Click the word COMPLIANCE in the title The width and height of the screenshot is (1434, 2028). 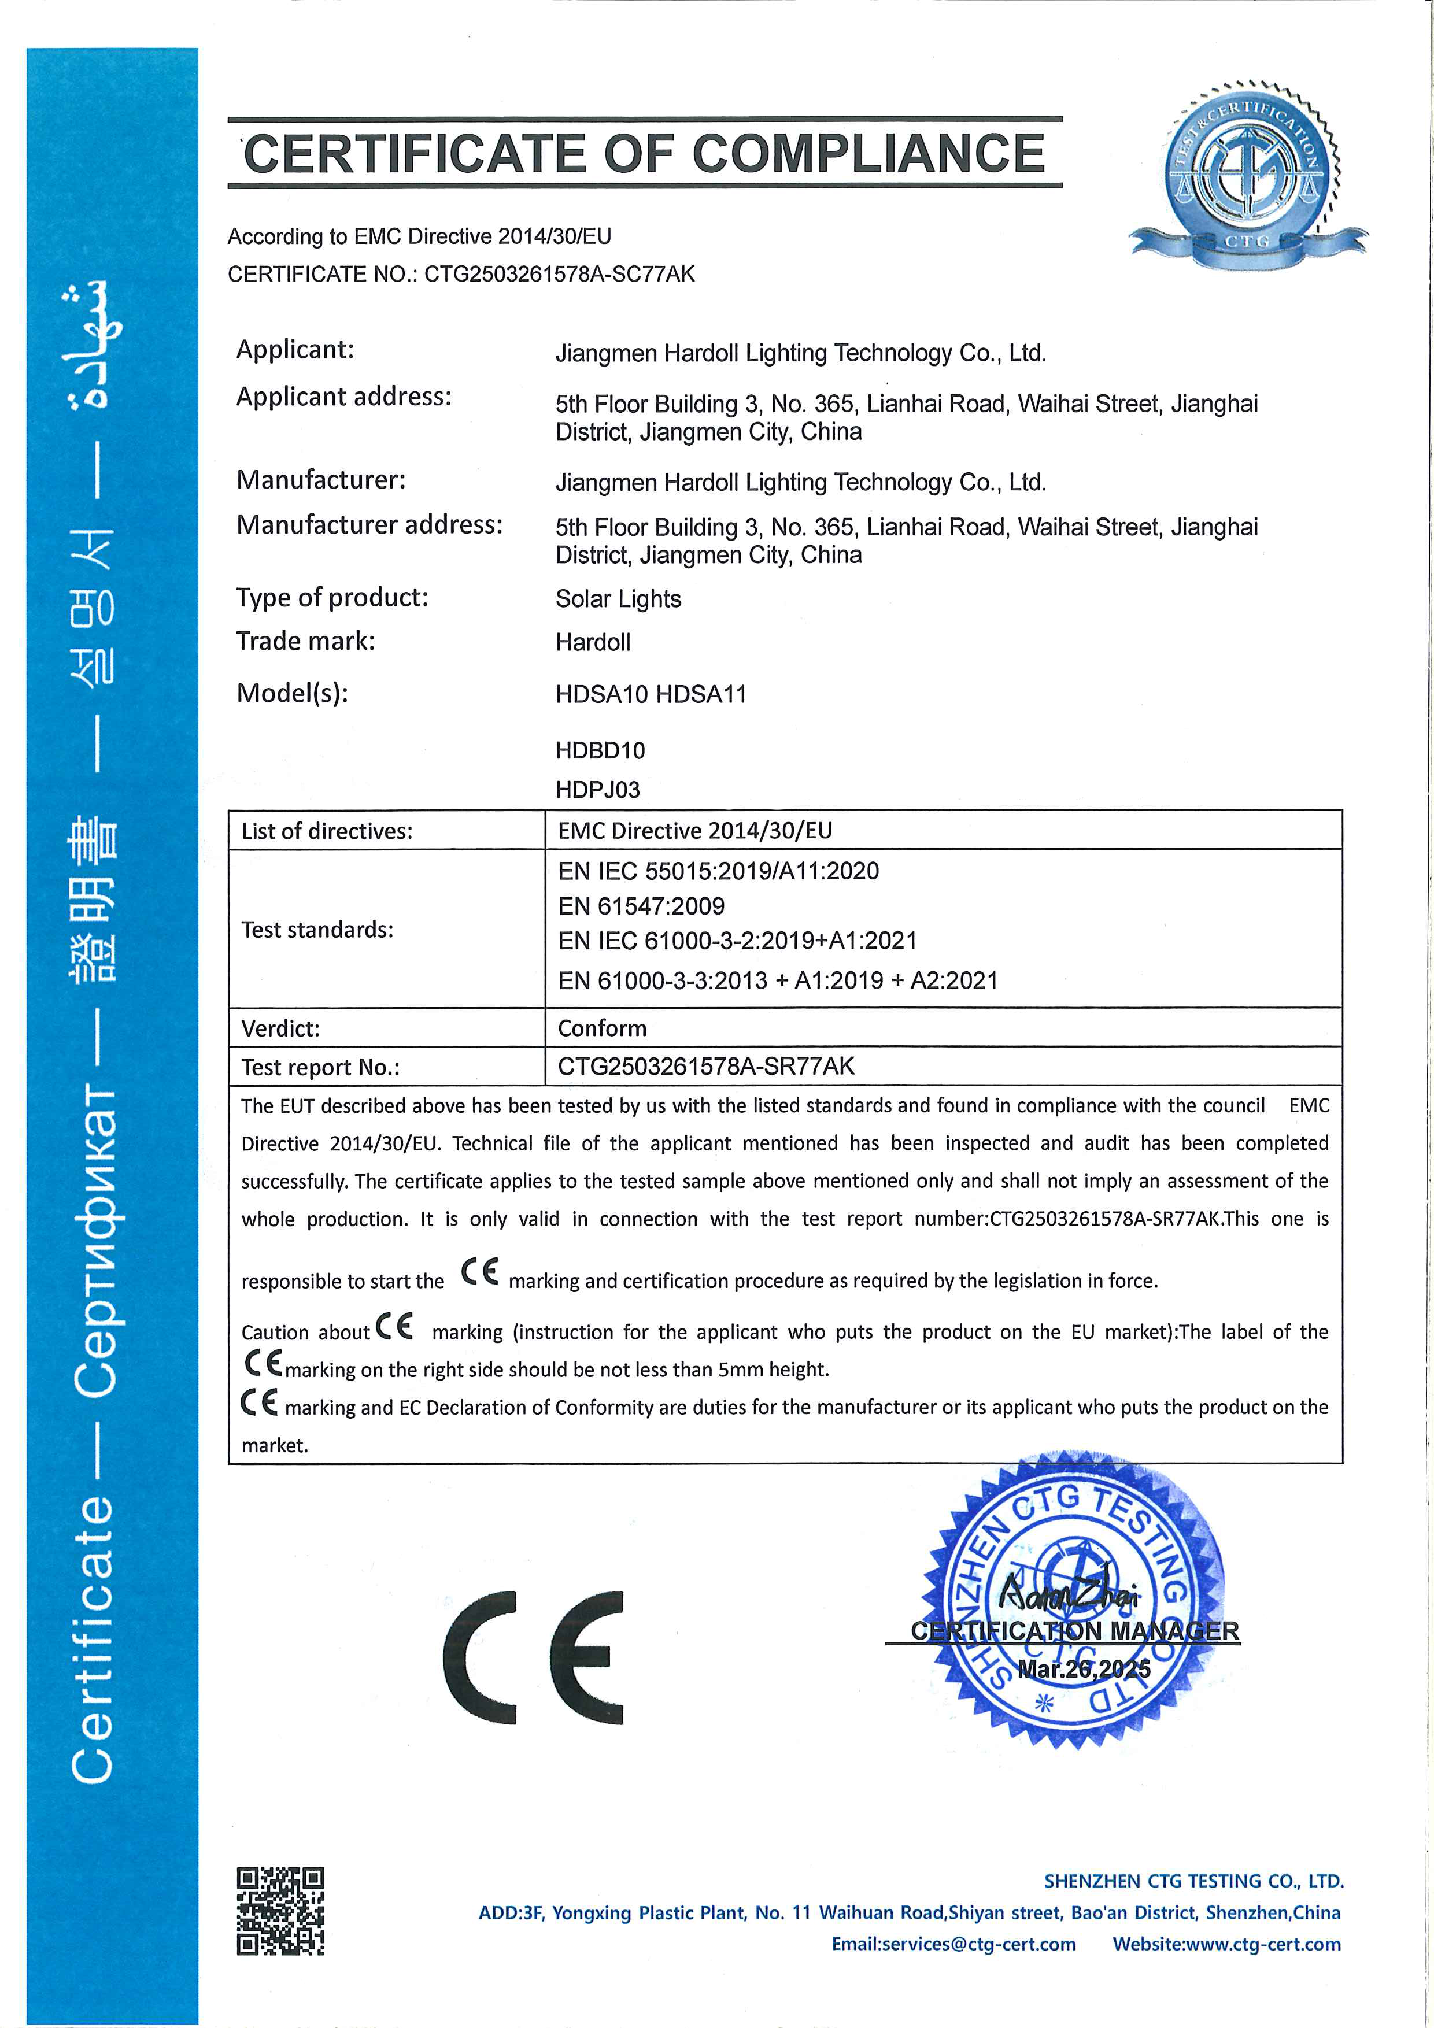(x=868, y=154)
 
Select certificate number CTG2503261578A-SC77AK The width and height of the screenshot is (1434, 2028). (x=559, y=275)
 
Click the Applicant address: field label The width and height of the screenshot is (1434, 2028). (x=343, y=397)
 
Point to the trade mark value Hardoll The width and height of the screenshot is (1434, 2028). (x=593, y=642)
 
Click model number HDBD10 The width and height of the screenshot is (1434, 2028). (x=600, y=751)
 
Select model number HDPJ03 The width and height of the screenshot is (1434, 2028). (x=597, y=790)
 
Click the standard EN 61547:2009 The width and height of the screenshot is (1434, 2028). (x=641, y=906)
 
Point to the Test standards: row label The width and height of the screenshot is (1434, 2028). (x=317, y=929)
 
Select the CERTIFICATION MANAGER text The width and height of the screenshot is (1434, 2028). (x=1074, y=1630)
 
